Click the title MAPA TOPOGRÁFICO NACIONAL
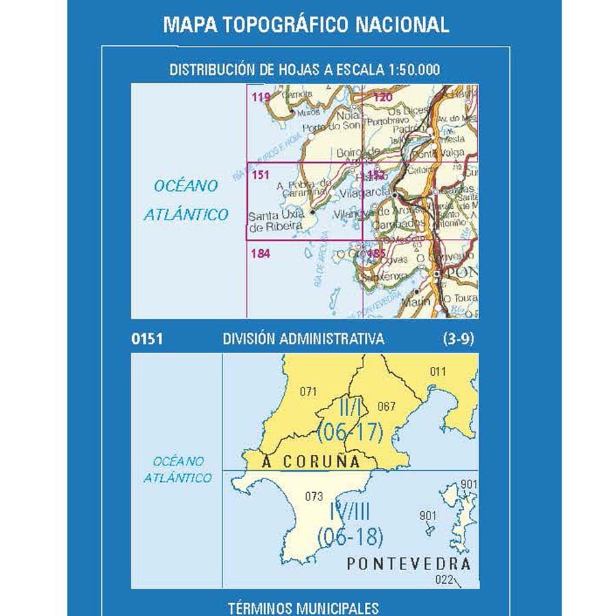pyautogui.click(x=306, y=25)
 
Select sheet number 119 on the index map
pyautogui.click(x=261, y=97)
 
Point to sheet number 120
pyautogui.click(x=383, y=97)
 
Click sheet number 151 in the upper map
pyautogui.click(x=260, y=175)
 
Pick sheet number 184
pyautogui.click(x=261, y=254)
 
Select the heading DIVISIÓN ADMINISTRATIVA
pyautogui.click(x=303, y=339)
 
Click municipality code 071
pyautogui.click(x=309, y=392)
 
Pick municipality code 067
pyautogui.click(x=386, y=407)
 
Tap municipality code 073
pyautogui.click(x=313, y=496)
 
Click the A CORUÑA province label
pyautogui.click(x=312, y=462)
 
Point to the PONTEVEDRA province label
pyautogui.click(x=409, y=564)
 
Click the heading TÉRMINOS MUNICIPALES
pyautogui.click(x=304, y=607)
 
